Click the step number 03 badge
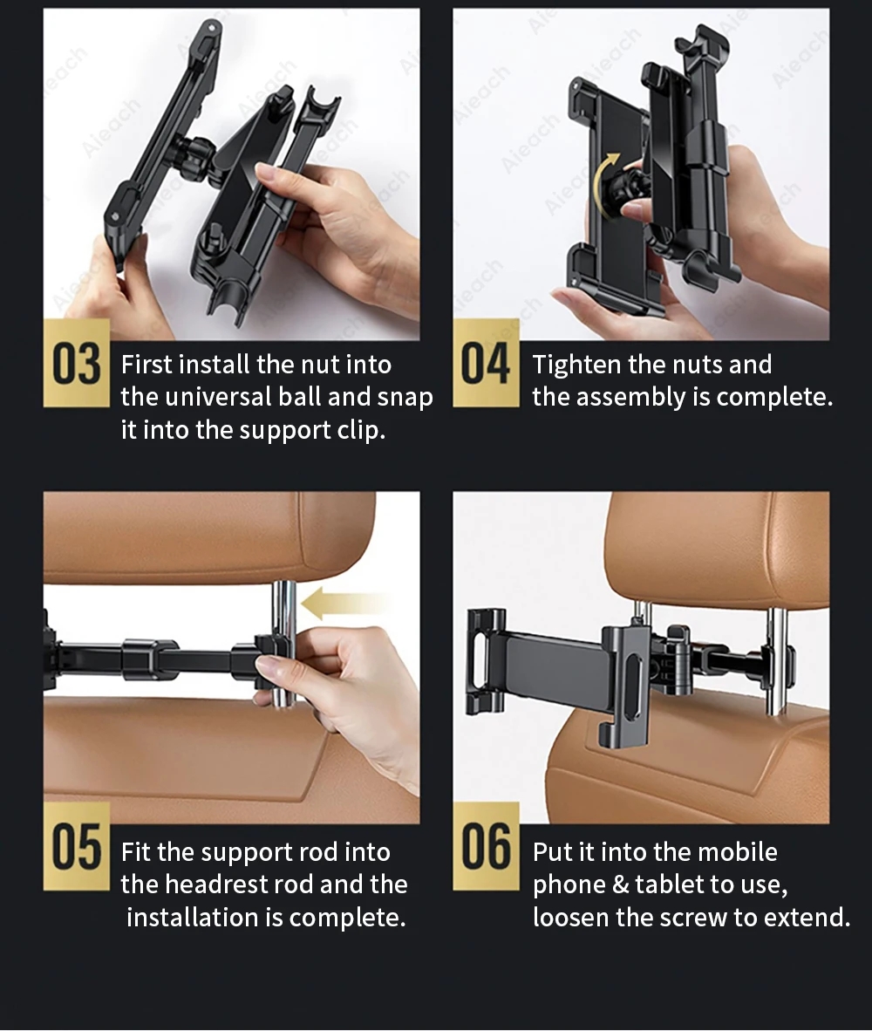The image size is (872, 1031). coord(76,363)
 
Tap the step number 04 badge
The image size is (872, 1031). coord(486,363)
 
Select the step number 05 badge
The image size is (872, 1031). coord(76,846)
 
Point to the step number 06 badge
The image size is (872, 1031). coord(486,846)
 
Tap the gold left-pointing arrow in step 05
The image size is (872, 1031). coord(342,604)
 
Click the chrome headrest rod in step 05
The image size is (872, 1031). coord(283,645)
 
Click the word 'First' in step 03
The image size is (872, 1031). coord(146,365)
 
